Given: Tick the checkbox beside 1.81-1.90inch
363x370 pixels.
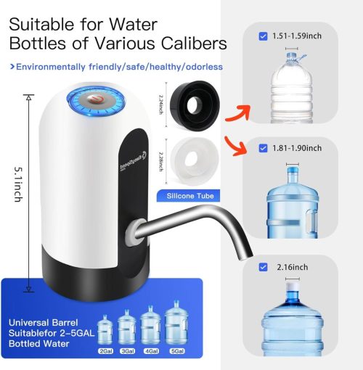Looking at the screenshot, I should [x=263, y=149].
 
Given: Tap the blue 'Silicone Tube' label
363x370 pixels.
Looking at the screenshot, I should [x=191, y=196].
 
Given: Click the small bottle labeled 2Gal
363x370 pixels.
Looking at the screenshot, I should [x=105, y=331].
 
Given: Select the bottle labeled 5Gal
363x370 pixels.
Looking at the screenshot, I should [x=176, y=326].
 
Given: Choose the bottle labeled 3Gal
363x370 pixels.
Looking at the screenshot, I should [x=128, y=328].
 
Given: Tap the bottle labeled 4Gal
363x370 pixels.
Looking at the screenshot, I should [x=152, y=327].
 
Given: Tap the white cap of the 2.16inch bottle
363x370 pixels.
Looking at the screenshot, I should [x=293, y=289].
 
